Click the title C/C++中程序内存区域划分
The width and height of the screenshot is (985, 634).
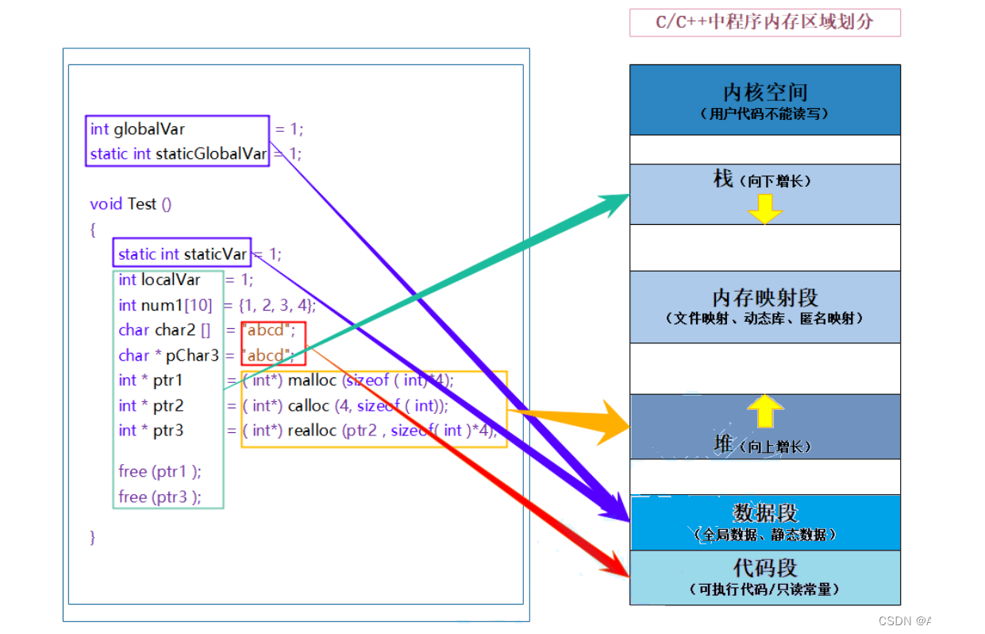(764, 22)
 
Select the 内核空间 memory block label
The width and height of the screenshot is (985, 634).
(764, 92)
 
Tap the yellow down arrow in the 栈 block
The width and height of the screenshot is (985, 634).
(765, 208)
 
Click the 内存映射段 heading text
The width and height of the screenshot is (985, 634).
(764, 298)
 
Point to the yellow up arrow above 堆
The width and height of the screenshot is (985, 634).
(765, 411)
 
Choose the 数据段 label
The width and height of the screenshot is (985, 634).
(764, 512)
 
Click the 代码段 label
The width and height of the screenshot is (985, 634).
(764, 568)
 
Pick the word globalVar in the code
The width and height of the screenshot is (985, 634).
(149, 129)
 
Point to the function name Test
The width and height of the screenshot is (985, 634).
(142, 204)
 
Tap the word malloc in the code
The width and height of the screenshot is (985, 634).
(313, 381)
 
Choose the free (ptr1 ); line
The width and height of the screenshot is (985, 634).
(160, 471)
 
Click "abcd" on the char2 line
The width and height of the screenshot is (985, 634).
(266, 331)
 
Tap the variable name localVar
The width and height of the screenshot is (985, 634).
(171, 280)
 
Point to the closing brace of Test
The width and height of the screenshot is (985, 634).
(93, 537)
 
